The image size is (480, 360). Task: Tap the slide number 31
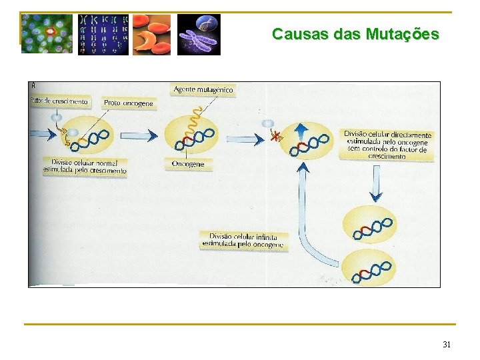[x=447, y=345]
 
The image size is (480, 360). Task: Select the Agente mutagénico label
[x=203, y=89]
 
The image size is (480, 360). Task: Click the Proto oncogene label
[x=128, y=103]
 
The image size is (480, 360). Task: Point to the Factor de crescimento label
[x=59, y=102]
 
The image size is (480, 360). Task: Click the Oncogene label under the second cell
[x=188, y=164]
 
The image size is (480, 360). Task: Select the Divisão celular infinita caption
[x=243, y=241]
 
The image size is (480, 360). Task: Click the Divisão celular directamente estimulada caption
[x=387, y=145]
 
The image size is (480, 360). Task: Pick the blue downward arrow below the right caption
[x=377, y=186]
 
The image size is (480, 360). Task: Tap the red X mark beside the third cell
[x=275, y=137]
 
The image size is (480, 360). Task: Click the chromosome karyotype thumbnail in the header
[x=103, y=34]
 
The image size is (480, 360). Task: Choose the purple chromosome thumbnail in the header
[x=198, y=34]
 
